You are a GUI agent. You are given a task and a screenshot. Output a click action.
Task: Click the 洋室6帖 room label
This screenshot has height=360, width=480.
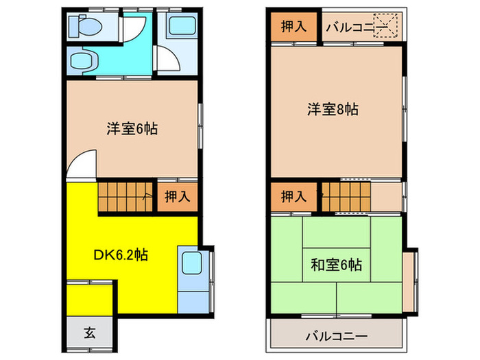132,128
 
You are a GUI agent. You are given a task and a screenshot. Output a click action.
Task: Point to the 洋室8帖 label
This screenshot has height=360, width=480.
333,108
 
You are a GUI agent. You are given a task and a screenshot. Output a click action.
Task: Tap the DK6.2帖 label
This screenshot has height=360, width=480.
120,254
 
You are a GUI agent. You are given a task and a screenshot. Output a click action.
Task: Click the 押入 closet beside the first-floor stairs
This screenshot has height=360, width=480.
177,197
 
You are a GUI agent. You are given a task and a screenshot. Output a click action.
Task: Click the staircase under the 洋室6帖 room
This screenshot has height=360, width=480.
124,196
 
